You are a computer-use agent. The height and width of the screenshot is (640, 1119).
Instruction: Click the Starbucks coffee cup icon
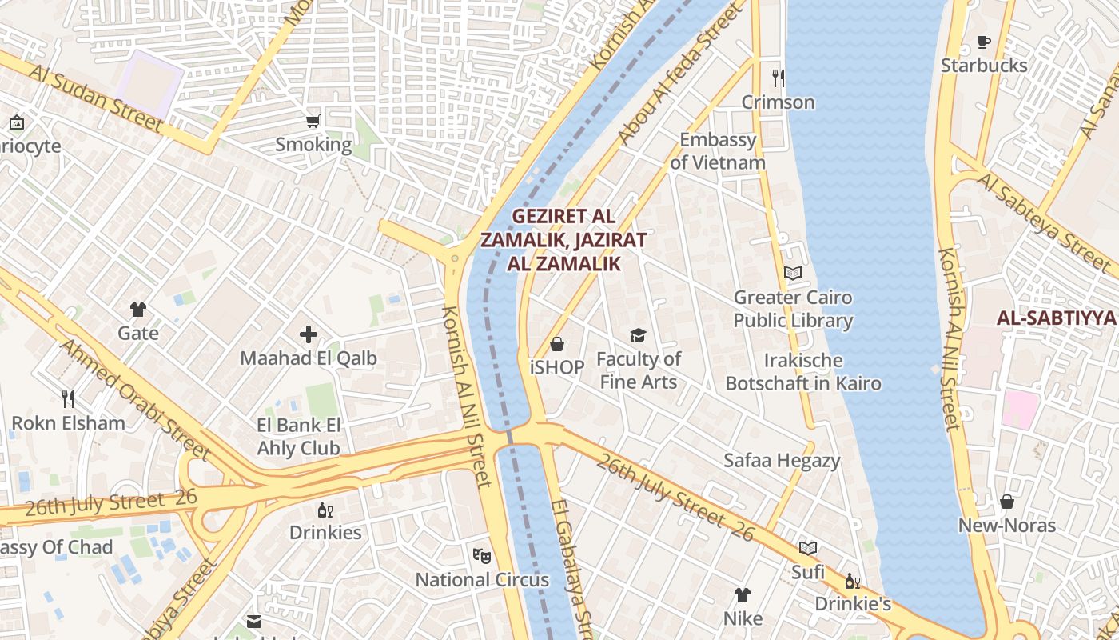click(x=983, y=42)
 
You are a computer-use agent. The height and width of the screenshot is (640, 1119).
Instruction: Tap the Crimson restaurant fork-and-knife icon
click(x=778, y=78)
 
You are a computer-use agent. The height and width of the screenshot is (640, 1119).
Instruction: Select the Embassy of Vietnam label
click(x=717, y=151)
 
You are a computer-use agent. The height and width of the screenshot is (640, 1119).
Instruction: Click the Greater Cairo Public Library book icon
click(x=792, y=274)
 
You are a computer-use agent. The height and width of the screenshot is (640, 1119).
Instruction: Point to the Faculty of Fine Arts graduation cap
click(x=638, y=335)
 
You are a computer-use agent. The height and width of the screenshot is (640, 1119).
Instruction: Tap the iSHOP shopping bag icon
click(x=557, y=344)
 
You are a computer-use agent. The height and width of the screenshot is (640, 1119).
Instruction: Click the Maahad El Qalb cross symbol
click(x=309, y=334)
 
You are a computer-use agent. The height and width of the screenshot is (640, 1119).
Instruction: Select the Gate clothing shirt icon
click(x=138, y=310)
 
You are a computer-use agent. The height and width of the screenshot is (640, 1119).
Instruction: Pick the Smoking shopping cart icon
click(x=313, y=122)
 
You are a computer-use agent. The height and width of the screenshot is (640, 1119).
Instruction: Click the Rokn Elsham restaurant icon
click(x=68, y=398)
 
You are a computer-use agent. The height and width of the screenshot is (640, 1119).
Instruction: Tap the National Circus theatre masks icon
click(x=481, y=554)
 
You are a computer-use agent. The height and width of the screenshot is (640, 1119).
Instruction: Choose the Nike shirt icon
click(x=743, y=595)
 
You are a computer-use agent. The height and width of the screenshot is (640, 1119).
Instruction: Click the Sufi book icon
click(x=808, y=549)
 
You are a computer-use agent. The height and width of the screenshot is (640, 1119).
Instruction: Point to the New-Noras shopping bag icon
click(x=1007, y=502)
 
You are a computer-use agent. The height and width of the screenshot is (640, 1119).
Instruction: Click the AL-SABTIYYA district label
click(x=1056, y=318)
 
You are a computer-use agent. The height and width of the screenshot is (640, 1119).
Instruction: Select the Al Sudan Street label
click(x=96, y=98)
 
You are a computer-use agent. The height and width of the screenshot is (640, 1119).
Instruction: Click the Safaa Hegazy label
click(x=782, y=460)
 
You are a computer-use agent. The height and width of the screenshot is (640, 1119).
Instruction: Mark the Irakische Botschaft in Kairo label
click(x=803, y=371)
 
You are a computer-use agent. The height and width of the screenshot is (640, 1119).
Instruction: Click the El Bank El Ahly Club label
click(x=298, y=436)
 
